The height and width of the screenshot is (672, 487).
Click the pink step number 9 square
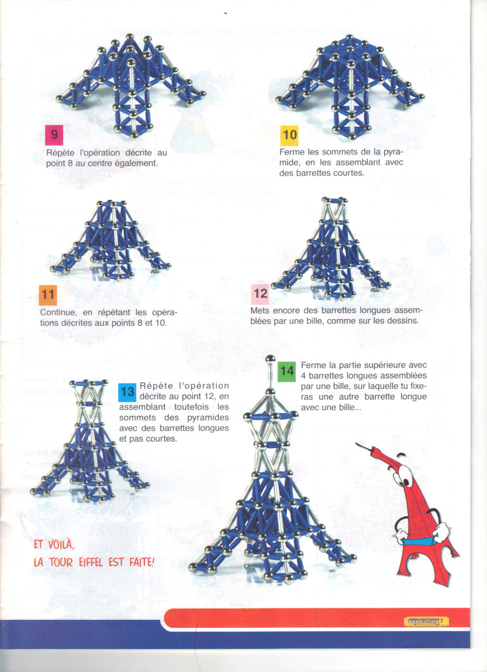54,134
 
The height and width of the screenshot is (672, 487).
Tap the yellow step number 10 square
289,135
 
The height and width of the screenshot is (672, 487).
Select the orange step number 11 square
48,295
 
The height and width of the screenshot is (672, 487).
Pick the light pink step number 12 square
260,293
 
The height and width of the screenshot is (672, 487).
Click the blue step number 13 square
127,392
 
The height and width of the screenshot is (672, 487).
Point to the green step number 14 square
287,372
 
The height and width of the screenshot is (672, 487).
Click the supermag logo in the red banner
426,621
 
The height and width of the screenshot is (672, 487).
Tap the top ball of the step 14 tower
270,358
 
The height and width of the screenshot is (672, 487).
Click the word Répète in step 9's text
60,153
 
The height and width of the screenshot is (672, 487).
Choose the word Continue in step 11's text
59,313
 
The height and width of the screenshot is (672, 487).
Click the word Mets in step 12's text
260,310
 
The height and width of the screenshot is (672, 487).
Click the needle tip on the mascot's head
356,443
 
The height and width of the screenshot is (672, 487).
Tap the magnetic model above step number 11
110,241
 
